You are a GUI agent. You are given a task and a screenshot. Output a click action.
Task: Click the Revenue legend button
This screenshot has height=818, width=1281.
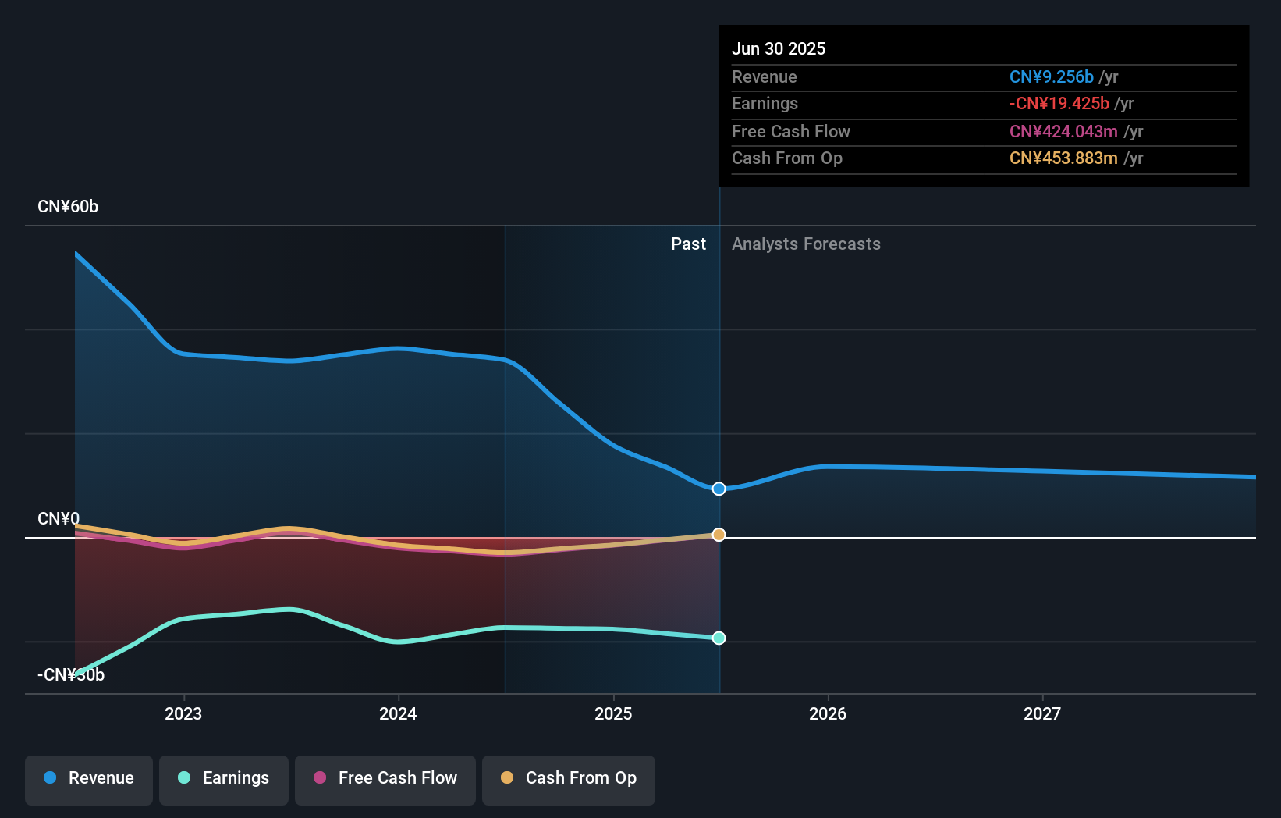(x=89, y=778)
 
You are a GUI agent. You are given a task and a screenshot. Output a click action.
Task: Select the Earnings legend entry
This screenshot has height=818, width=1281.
(x=224, y=778)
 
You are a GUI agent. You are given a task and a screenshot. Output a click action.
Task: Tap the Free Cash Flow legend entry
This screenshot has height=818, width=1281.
(x=385, y=778)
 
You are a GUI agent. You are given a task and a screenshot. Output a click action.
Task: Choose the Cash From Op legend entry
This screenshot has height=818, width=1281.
(x=569, y=778)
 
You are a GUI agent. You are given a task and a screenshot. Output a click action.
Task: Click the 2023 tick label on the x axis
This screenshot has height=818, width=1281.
(x=183, y=713)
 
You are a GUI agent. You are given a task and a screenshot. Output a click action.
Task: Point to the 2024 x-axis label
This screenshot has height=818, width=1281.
(x=398, y=713)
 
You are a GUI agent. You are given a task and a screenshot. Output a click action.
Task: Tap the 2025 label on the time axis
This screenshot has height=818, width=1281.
(x=613, y=713)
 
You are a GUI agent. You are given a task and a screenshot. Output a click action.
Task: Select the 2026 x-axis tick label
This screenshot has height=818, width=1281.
(x=828, y=713)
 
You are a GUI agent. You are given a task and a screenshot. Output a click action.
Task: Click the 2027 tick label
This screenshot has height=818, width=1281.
(x=1042, y=713)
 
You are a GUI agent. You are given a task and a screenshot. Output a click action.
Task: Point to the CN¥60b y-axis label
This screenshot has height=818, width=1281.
(x=68, y=207)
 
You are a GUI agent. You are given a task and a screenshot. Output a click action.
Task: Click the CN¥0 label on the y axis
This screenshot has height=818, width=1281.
(x=59, y=519)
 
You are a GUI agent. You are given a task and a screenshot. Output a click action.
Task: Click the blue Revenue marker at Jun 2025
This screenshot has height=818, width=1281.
(x=719, y=489)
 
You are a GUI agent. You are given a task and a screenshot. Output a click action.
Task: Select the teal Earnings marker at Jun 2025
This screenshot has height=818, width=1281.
(x=719, y=638)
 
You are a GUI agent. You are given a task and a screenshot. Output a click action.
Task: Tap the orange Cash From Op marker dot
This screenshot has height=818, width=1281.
(x=719, y=535)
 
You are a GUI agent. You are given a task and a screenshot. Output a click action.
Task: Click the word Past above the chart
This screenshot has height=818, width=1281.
(x=688, y=244)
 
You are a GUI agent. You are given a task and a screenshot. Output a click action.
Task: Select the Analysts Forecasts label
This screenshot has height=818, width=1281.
(x=806, y=244)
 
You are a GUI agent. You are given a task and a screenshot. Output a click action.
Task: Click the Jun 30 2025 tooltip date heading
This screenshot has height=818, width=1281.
(x=779, y=48)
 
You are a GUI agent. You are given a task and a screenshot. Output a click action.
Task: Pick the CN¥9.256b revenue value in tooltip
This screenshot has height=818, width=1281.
(x=1051, y=77)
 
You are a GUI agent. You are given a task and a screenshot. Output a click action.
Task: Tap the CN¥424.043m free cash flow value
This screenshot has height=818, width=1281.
(x=1063, y=132)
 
